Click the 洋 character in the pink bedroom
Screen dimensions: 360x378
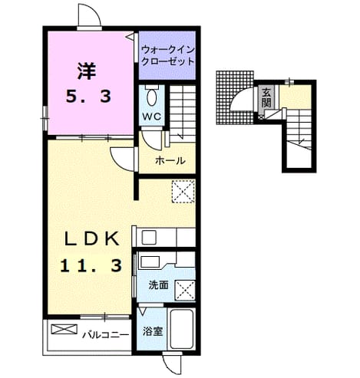[x=87, y=71]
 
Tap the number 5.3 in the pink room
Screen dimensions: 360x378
[x=89, y=97]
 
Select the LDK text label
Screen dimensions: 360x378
[x=92, y=238]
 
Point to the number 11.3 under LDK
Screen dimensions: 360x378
[x=91, y=265]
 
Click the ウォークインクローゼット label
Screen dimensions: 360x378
[x=167, y=55]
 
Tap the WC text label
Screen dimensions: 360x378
[x=152, y=117]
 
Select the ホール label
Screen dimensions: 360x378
[x=170, y=161]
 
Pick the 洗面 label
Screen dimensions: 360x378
[x=159, y=285]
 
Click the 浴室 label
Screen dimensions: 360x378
[x=153, y=331]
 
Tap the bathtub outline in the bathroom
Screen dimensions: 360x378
[x=181, y=329]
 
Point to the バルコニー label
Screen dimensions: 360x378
[x=105, y=335]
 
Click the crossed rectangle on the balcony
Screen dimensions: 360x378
[x=64, y=329]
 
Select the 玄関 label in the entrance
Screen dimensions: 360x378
[x=266, y=97]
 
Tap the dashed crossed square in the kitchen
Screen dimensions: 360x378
[x=183, y=192]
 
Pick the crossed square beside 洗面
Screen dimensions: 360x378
[x=185, y=289]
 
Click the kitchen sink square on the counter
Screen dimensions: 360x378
[x=149, y=238]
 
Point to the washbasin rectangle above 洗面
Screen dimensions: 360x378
[x=150, y=261]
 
